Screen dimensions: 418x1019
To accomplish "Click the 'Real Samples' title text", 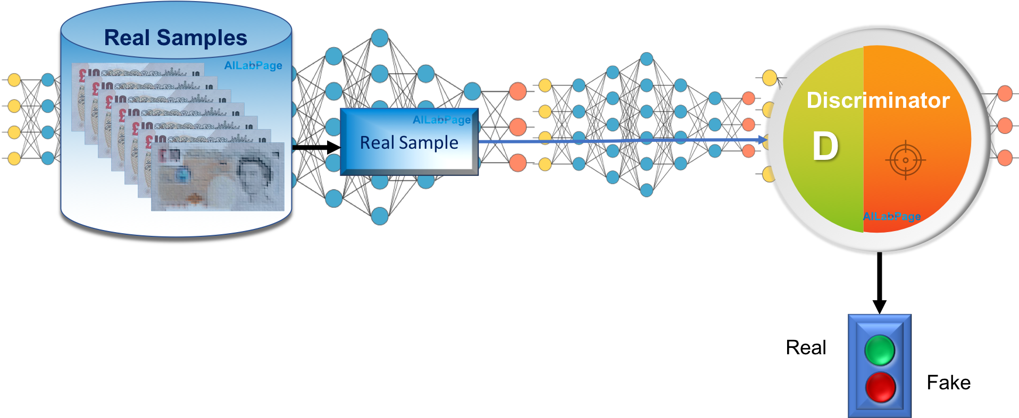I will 176,38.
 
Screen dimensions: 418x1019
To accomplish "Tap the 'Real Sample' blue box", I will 409,142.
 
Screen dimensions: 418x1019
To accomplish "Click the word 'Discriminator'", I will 878,100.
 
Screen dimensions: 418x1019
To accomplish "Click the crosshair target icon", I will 905,160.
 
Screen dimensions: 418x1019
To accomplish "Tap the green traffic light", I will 880,350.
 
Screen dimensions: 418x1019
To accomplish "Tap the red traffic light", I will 880,387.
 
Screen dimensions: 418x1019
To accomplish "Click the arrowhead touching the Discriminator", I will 763,141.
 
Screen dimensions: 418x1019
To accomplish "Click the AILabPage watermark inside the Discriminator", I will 892,216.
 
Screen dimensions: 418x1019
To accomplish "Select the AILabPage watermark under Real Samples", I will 253,65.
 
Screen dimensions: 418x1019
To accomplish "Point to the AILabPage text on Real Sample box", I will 441,120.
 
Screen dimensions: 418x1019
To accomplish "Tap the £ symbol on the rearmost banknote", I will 82,75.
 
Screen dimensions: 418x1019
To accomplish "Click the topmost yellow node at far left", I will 14,80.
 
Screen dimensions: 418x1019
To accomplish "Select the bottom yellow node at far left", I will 14,158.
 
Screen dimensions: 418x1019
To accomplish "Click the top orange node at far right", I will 1005,93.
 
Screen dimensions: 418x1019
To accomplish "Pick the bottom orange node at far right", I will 1005,158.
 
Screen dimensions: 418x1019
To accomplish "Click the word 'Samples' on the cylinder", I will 202,38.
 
